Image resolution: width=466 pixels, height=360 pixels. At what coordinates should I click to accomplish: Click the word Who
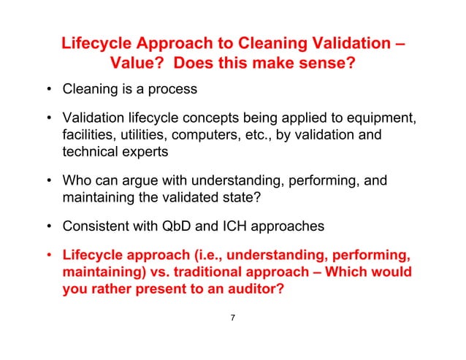(x=77, y=180)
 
